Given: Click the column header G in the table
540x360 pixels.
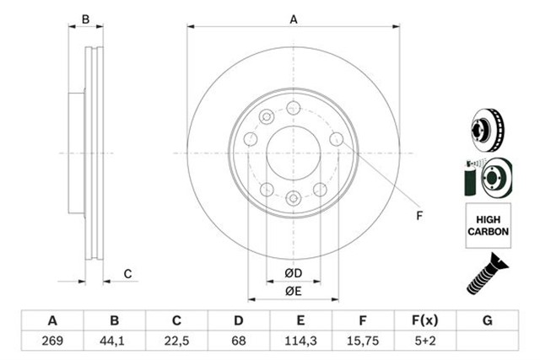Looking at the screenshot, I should (487, 321).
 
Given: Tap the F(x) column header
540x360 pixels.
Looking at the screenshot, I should (424, 321).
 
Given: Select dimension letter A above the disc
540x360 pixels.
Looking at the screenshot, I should (294, 19).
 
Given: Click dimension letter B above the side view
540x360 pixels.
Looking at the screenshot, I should (84, 19).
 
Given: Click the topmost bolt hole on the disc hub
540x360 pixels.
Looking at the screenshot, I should (293, 107).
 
